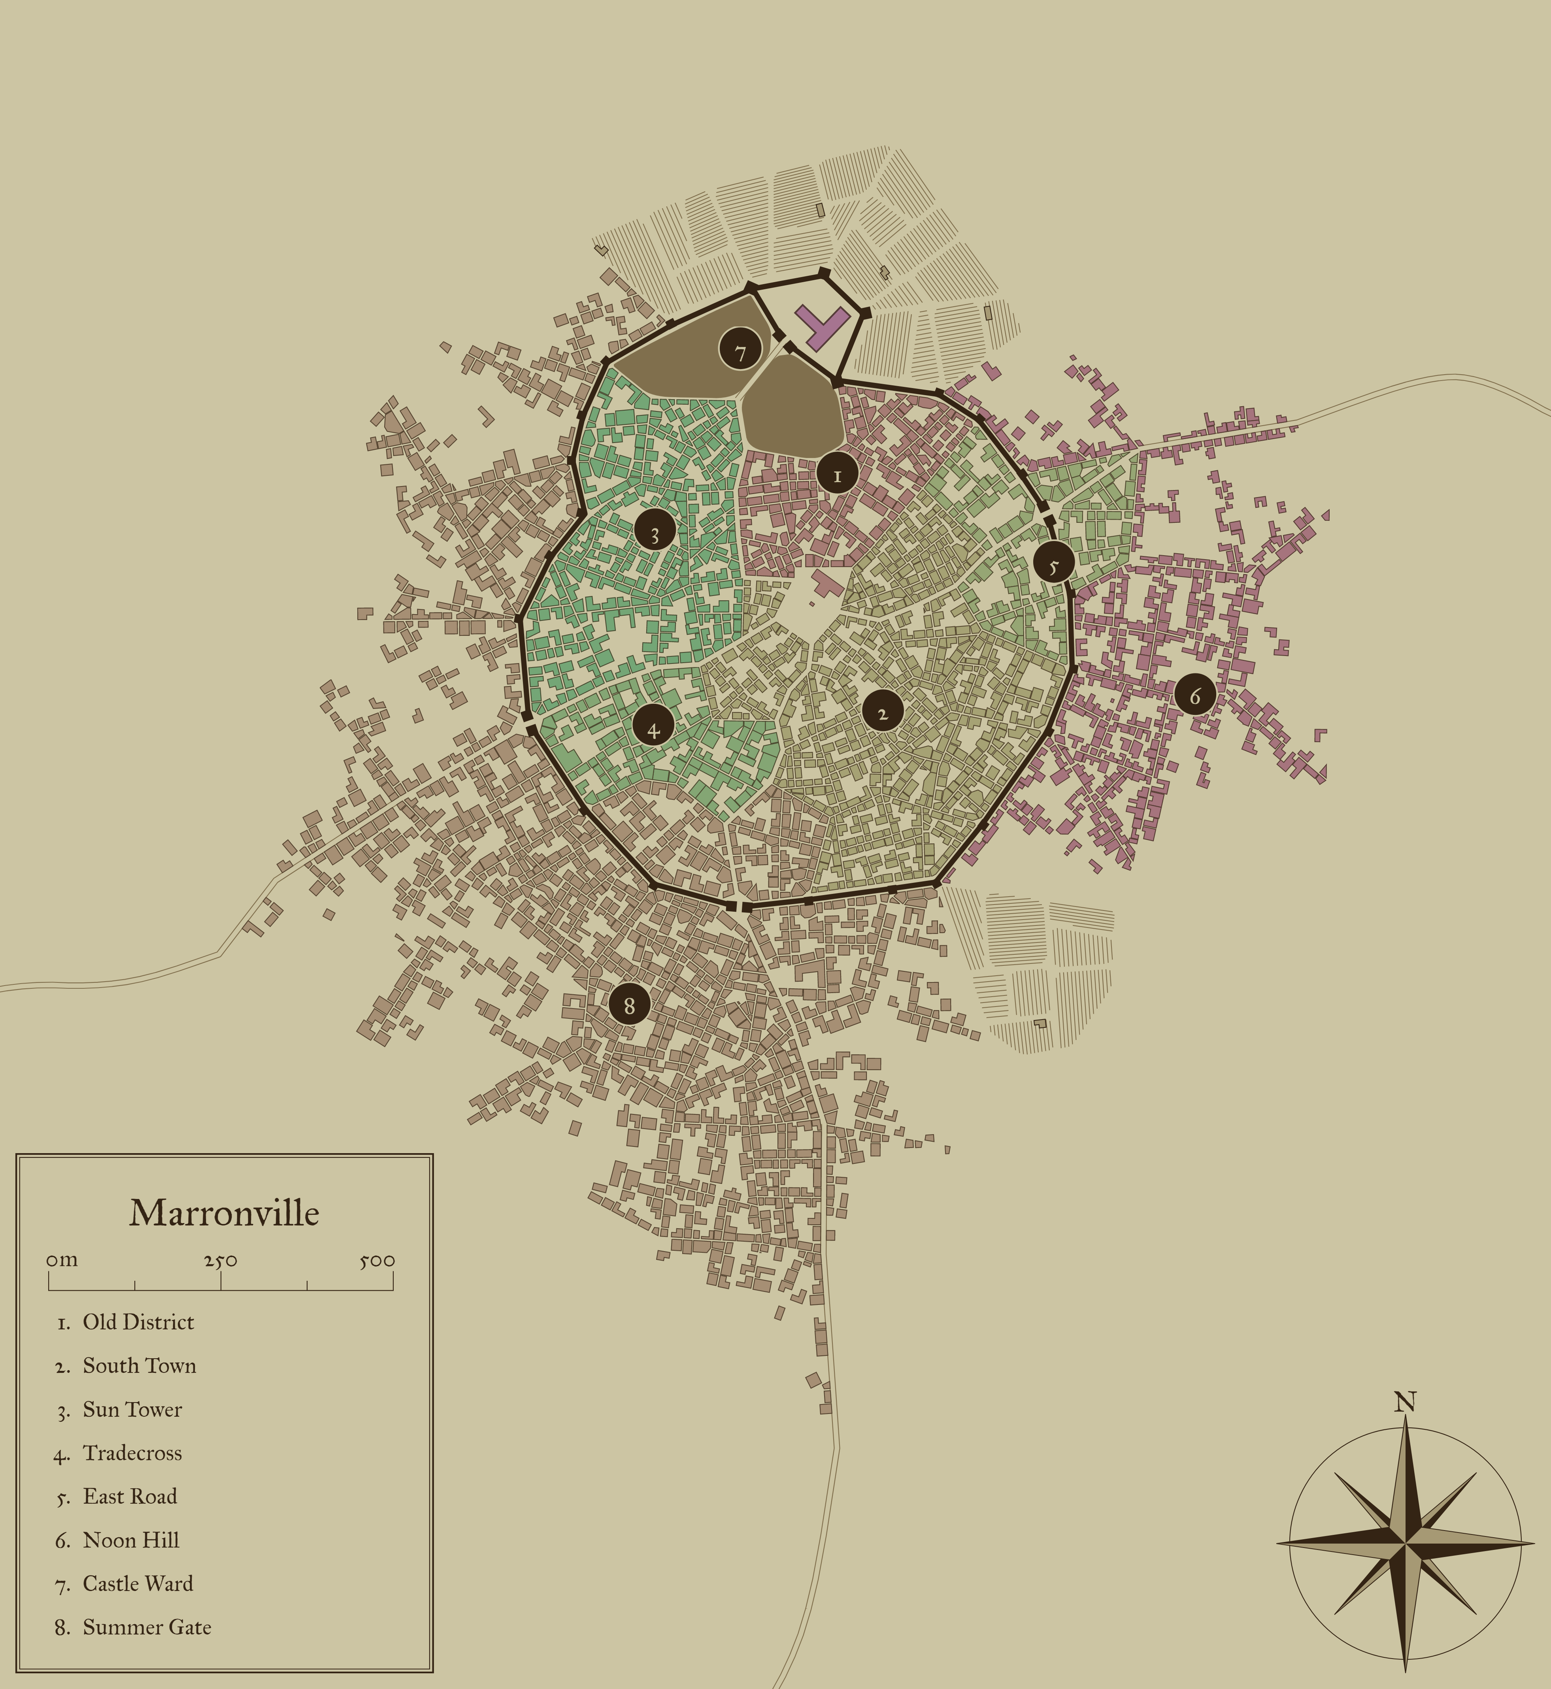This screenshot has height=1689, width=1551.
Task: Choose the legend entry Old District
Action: click(138, 1322)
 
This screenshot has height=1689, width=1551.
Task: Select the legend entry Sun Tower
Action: click(132, 1410)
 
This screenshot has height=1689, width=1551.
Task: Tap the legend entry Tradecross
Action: click(132, 1453)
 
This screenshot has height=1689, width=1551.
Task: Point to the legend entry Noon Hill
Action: click(131, 1540)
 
